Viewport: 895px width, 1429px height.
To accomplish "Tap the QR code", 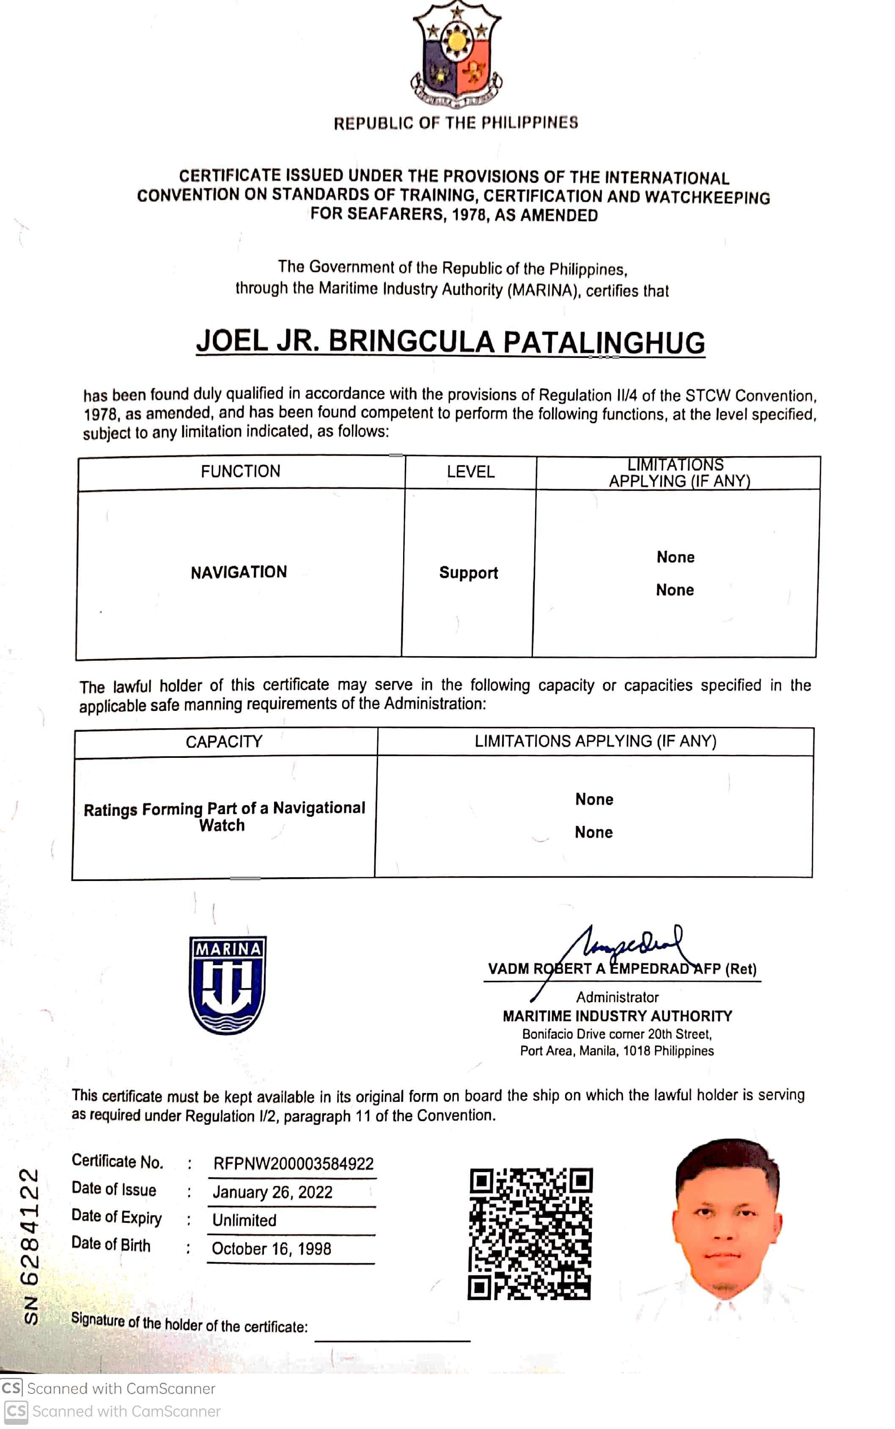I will click(530, 1234).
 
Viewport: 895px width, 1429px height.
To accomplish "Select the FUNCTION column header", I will click(240, 471).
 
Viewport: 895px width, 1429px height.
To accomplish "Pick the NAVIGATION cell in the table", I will click(239, 572).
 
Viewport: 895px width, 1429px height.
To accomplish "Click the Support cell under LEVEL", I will click(468, 573).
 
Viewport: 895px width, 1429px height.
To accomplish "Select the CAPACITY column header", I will click(224, 741).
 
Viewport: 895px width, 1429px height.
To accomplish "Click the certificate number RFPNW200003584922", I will click(293, 1164).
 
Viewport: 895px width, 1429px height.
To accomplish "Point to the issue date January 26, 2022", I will click(272, 1192).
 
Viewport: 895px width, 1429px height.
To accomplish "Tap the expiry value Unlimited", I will click(244, 1220).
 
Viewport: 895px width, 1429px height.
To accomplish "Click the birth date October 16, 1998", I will click(271, 1248).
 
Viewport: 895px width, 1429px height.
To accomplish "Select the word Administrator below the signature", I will click(618, 997).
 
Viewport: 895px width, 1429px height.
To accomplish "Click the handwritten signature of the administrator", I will click(627, 947).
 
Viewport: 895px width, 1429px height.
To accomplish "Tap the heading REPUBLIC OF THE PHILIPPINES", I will click(456, 123).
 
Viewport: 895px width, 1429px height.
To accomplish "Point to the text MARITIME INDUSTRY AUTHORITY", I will click(618, 1016).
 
